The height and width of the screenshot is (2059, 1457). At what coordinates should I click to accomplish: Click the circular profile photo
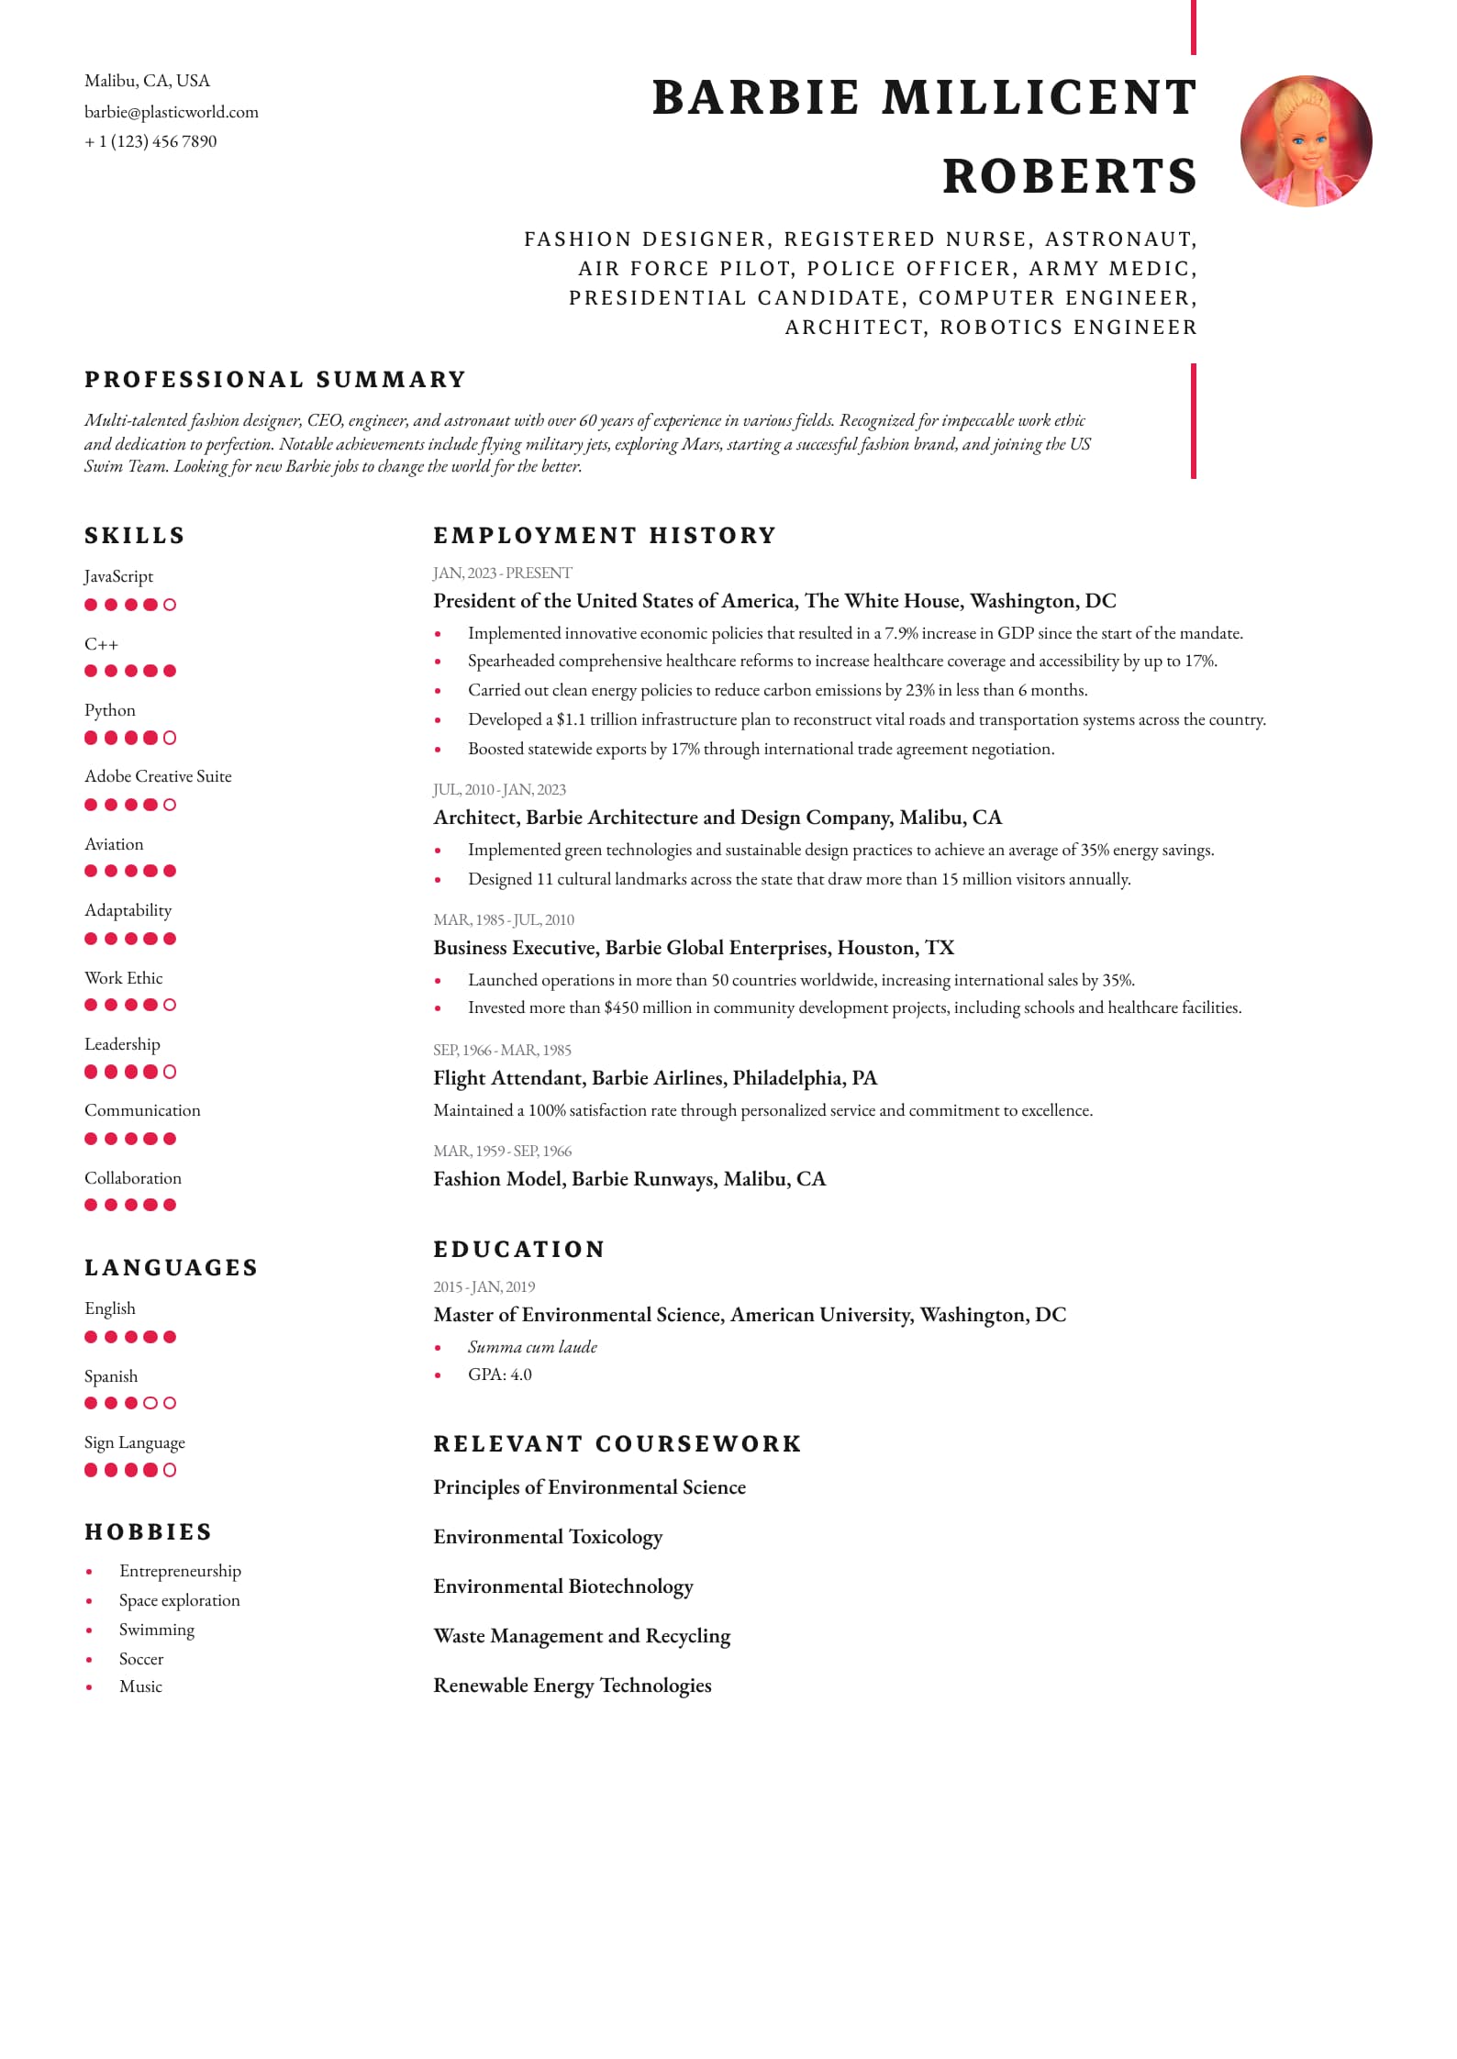pos(1306,141)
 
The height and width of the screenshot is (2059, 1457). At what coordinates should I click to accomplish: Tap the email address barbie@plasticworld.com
pos(172,112)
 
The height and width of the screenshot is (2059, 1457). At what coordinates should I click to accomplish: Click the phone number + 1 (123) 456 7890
pos(150,141)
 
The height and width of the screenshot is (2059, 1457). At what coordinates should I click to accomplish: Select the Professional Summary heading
pos(275,380)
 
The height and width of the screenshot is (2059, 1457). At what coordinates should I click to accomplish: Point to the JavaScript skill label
pos(118,576)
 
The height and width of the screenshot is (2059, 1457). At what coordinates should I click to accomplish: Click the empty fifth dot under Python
pos(170,738)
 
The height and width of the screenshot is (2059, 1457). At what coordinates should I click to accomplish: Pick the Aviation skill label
pos(114,844)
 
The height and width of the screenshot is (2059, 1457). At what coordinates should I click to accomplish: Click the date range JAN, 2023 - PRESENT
pos(502,573)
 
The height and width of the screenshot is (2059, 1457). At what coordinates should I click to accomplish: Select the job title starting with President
pos(774,601)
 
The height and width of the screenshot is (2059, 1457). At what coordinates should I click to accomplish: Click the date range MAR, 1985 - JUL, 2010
pos(504,919)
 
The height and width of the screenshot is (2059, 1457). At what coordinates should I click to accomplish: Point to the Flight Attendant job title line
pos(655,1078)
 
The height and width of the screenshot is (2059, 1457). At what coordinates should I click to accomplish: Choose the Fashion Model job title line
pos(629,1179)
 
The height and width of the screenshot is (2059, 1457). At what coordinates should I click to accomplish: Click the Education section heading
pos(519,1250)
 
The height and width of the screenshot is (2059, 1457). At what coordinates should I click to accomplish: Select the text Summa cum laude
pos(532,1347)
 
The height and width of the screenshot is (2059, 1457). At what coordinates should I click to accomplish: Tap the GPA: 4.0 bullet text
pos(500,1375)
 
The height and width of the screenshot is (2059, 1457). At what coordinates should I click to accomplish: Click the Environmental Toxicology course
pos(548,1537)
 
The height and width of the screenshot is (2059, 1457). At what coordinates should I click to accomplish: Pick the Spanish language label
pos(111,1376)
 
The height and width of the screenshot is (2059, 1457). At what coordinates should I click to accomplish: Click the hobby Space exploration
pos(180,1600)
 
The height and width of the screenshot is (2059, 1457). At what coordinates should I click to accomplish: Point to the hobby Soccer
pos(141,1659)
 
